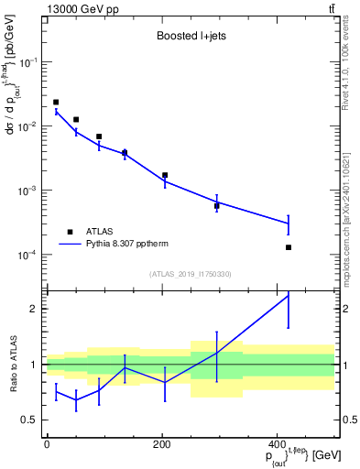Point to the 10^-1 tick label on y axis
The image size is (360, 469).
tap(29, 62)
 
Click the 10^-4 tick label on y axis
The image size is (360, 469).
tap(29, 255)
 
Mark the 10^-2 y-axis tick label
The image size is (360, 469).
tap(29, 126)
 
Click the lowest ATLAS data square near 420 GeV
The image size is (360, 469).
tap(289, 247)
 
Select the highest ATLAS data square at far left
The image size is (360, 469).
tap(56, 103)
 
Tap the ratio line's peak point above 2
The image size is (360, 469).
tap(289, 295)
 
